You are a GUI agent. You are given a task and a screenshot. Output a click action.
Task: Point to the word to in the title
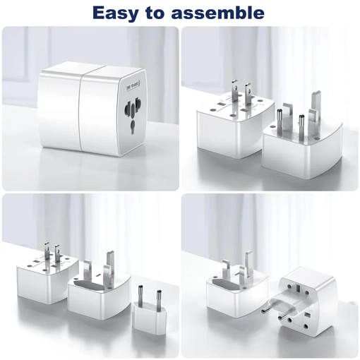pos(162,12)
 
